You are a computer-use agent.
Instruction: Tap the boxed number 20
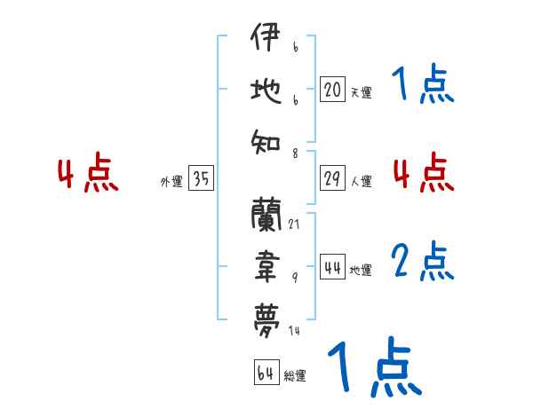click(332, 90)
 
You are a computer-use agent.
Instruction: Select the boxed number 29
click(332, 178)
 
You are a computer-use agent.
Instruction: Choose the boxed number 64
click(265, 373)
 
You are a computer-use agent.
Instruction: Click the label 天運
click(361, 92)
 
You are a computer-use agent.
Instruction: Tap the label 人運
click(361, 181)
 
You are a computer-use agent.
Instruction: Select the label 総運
click(294, 376)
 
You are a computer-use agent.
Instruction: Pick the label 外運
click(171, 182)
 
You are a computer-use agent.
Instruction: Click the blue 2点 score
click(423, 263)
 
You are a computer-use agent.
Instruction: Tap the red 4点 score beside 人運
click(423, 172)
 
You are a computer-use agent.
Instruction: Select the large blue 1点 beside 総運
click(373, 367)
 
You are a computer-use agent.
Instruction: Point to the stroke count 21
click(294, 224)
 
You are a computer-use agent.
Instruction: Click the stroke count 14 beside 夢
click(294, 330)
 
